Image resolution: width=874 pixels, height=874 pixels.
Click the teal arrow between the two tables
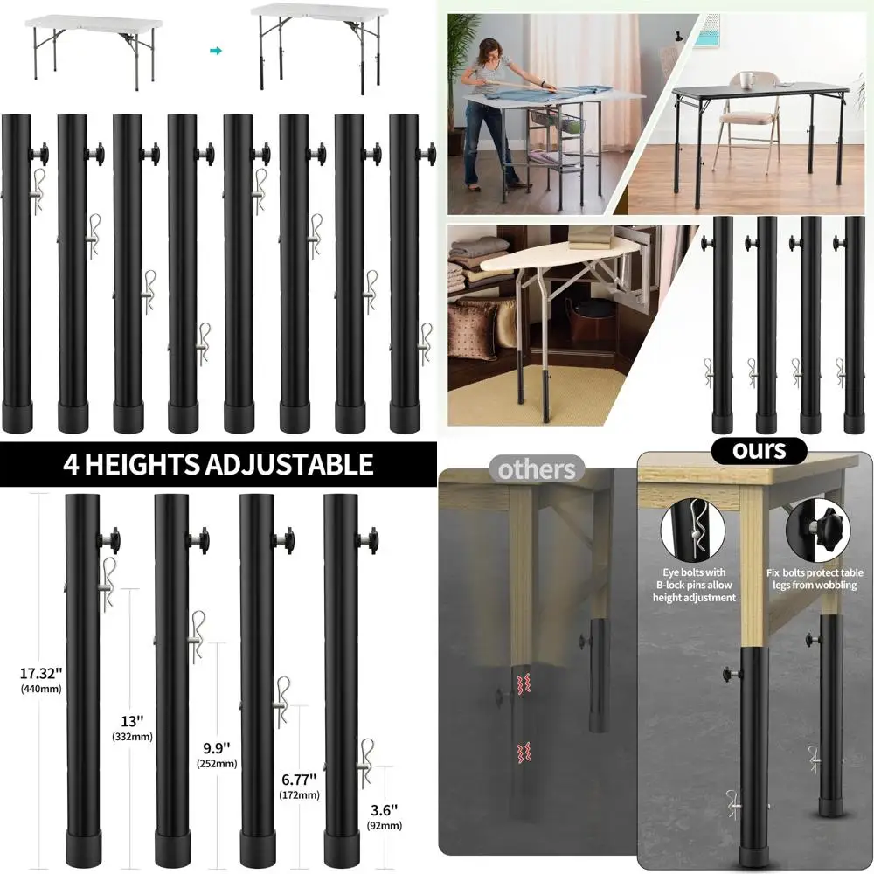(x=216, y=51)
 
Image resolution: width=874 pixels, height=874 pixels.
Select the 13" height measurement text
(x=132, y=722)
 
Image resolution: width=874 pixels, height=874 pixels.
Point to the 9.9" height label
(x=216, y=748)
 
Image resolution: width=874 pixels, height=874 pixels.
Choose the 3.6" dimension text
(x=384, y=810)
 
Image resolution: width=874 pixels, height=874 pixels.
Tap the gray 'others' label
(x=537, y=469)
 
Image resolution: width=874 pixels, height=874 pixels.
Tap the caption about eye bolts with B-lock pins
(x=694, y=585)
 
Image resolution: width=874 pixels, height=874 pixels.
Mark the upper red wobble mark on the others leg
(x=525, y=683)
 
